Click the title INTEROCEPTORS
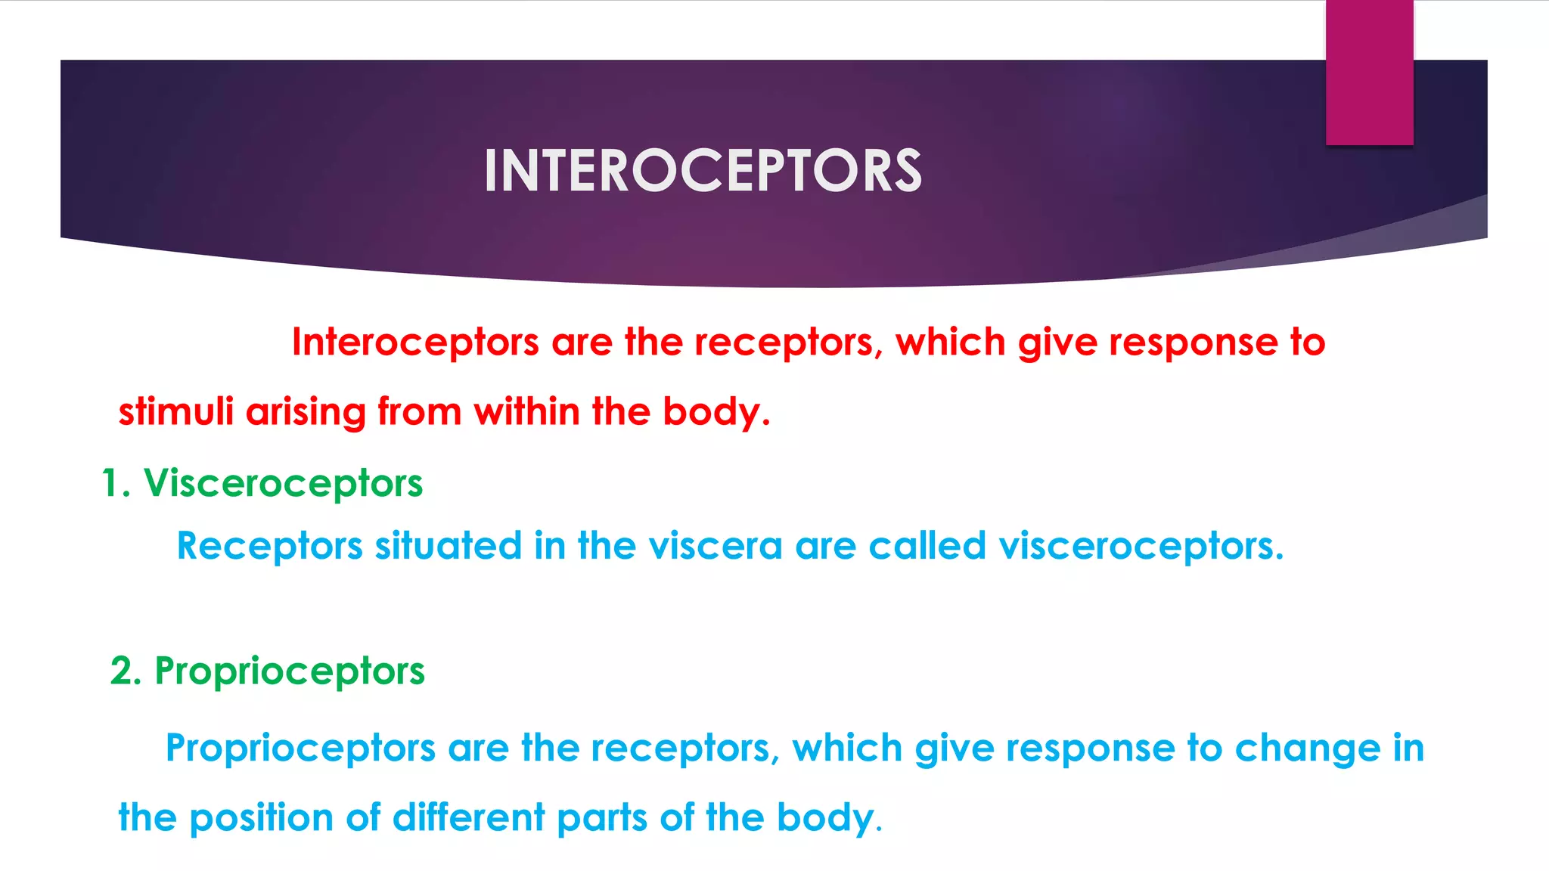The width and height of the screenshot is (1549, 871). click(703, 171)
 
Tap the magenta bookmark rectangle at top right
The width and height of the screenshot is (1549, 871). click(1369, 73)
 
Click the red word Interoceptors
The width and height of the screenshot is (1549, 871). click(415, 343)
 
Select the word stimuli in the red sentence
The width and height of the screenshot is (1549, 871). click(175, 412)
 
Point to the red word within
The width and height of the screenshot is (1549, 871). click(526, 412)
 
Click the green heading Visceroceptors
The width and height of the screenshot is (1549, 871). click(283, 484)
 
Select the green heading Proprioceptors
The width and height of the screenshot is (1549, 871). click(290, 671)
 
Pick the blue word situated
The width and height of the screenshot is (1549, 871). click(449, 546)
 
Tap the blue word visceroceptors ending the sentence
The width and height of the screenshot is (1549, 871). click(1141, 546)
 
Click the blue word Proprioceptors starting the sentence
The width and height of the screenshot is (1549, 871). click(300, 749)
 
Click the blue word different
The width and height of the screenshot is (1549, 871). click(468, 818)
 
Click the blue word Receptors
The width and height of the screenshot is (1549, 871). click(269, 546)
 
